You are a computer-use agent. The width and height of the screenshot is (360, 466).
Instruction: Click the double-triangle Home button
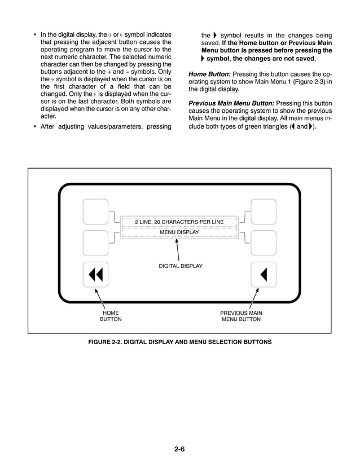95,274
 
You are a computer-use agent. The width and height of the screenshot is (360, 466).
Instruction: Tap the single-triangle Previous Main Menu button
263,274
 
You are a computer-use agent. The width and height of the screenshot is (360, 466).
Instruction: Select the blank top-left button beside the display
95,212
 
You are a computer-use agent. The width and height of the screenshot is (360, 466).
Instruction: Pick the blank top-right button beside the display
263,212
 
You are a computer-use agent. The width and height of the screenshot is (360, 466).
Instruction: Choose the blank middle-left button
95,243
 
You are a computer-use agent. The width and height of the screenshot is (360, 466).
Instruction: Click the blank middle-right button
263,243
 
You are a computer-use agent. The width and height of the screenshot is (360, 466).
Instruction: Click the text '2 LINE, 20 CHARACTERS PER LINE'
179,222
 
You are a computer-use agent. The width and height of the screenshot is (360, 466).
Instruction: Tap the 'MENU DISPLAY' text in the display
179,232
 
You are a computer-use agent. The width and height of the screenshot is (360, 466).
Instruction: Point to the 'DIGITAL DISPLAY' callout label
180,265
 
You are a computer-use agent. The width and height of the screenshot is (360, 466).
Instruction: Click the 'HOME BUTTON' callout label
111,316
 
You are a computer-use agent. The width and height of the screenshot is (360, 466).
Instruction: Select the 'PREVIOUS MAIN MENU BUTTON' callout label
241,316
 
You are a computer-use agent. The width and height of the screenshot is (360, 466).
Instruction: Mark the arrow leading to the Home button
101,297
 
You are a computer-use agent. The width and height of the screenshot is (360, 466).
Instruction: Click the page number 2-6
180,449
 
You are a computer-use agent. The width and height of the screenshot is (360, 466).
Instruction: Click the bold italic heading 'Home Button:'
209,74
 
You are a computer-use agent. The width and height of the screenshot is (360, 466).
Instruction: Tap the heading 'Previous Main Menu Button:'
231,104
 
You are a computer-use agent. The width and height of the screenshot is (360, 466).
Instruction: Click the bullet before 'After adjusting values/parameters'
35,126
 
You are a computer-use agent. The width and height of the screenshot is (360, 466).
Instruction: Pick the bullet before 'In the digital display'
35,35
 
